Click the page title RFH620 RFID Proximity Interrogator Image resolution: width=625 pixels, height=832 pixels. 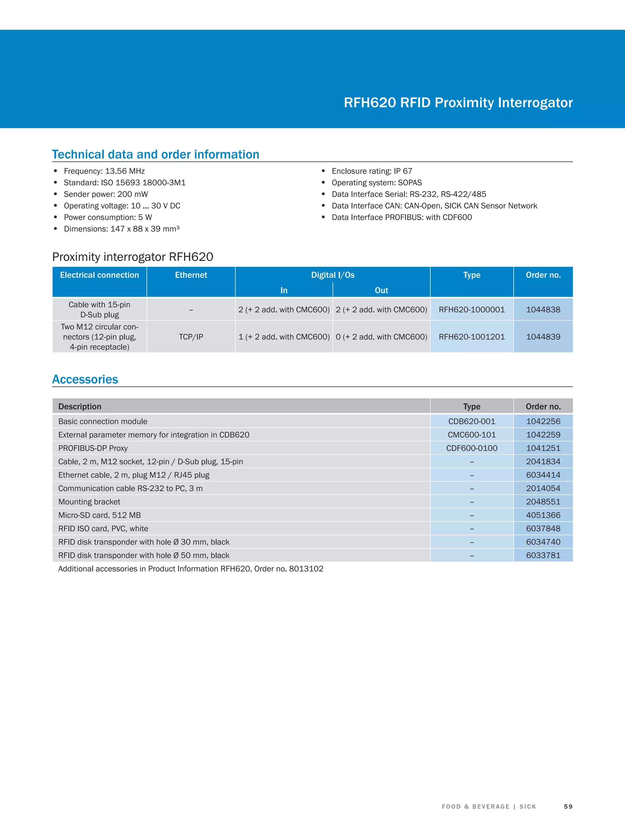click(458, 103)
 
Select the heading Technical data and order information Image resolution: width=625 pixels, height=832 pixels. click(155, 154)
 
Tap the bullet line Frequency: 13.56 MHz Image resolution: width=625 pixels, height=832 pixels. click(104, 171)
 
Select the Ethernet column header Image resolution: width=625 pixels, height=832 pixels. click(191, 275)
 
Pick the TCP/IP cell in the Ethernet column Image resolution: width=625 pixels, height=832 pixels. click(191, 337)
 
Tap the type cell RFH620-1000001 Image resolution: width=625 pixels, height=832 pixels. click(471, 310)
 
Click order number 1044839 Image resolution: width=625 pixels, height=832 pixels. click(543, 337)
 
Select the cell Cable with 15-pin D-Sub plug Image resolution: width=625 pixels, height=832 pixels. click(99, 310)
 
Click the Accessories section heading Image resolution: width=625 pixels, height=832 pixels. click(85, 379)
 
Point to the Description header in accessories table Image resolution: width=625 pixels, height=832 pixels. click(80, 407)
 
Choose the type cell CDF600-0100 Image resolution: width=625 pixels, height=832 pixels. click(471, 448)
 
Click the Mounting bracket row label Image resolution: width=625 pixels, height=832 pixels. click(89, 502)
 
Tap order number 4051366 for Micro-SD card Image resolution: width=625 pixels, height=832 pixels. click(543, 515)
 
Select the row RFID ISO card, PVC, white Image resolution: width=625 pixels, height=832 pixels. click(103, 529)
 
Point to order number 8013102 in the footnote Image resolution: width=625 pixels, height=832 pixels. click(306, 569)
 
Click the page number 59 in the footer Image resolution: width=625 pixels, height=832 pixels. click(568, 806)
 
